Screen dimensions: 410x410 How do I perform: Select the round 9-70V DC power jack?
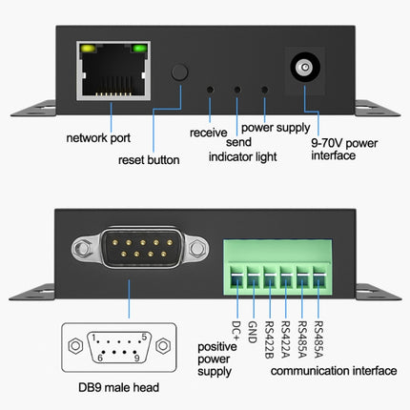304,68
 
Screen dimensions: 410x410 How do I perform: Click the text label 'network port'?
98,138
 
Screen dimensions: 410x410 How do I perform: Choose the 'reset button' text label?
149,159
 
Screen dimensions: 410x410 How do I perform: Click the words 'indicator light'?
244,159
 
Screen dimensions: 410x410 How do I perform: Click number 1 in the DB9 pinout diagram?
92,335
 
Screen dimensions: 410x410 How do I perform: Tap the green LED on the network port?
140,48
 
